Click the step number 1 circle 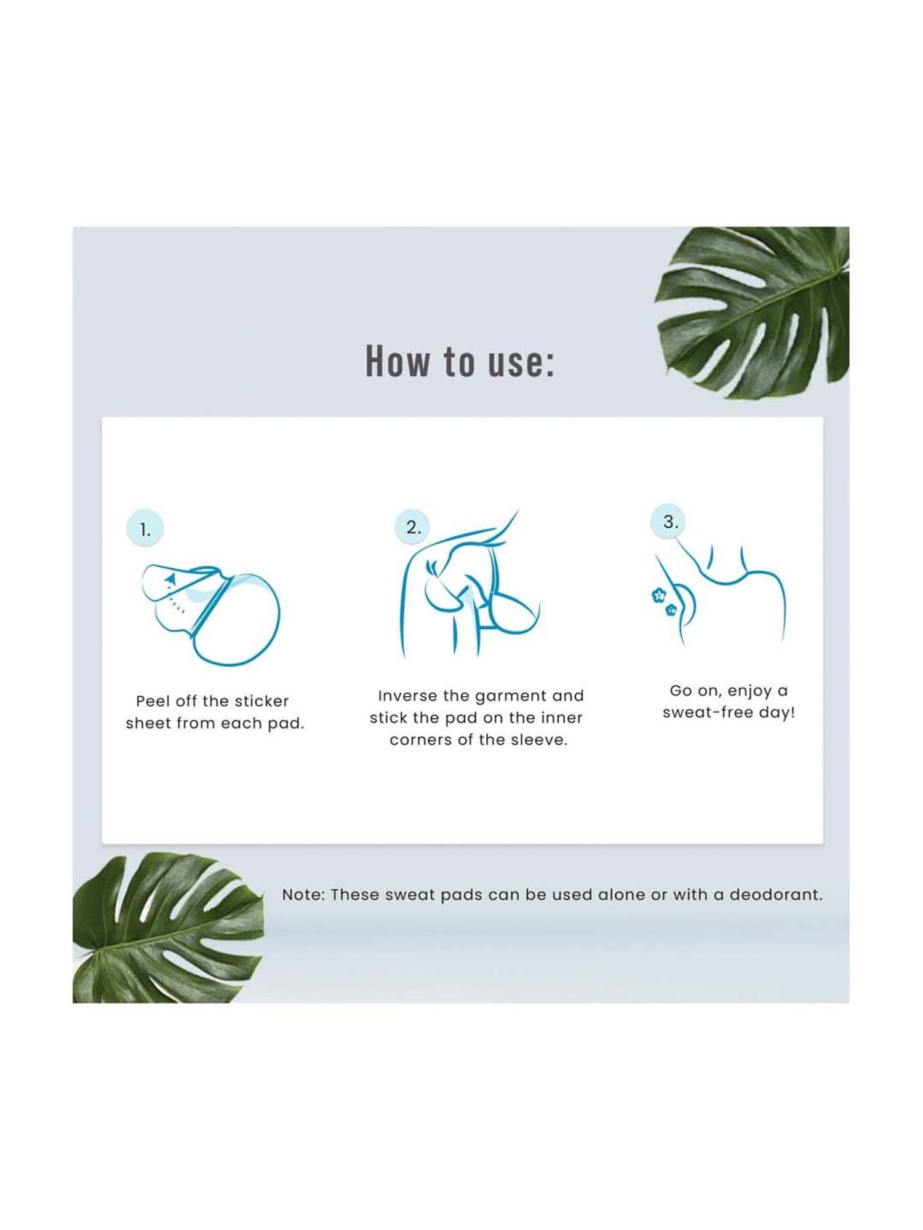[145, 528]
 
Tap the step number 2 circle [413, 526]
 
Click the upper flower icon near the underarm [658, 595]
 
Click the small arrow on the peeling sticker [171, 578]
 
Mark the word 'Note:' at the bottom [304, 895]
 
